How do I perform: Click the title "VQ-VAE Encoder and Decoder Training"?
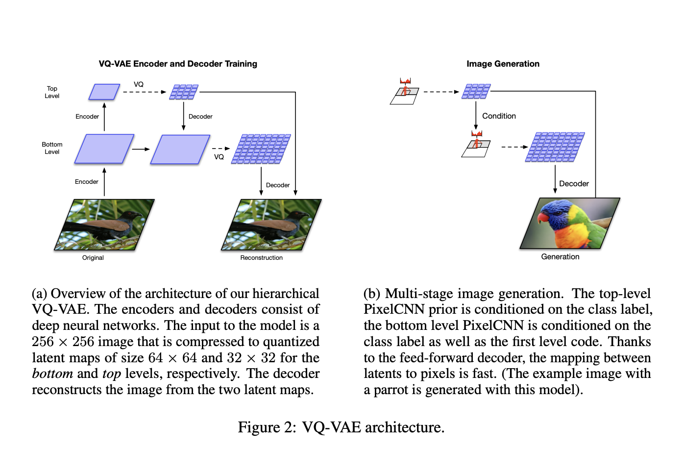pyautogui.click(x=178, y=64)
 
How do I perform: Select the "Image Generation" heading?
pyautogui.click(x=503, y=64)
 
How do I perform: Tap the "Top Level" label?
pyautogui.click(x=52, y=92)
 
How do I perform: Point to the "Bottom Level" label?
pyautogui.click(x=52, y=148)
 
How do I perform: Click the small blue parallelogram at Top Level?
pyautogui.click(x=104, y=92)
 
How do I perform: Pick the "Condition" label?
pyautogui.click(x=499, y=116)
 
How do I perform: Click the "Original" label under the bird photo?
pyautogui.click(x=93, y=258)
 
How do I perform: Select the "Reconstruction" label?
pyautogui.click(x=261, y=258)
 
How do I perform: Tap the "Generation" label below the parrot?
pyautogui.click(x=560, y=257)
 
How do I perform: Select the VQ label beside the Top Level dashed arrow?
pyautogui.click(x=139, y=84)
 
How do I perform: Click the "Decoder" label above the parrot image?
pyautogui.click(x=574, y=184)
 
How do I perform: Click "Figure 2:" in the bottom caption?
pyautogui.click(x=267, y=427)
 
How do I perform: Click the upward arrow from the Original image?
pyautogui.click(x=104, y=182)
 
